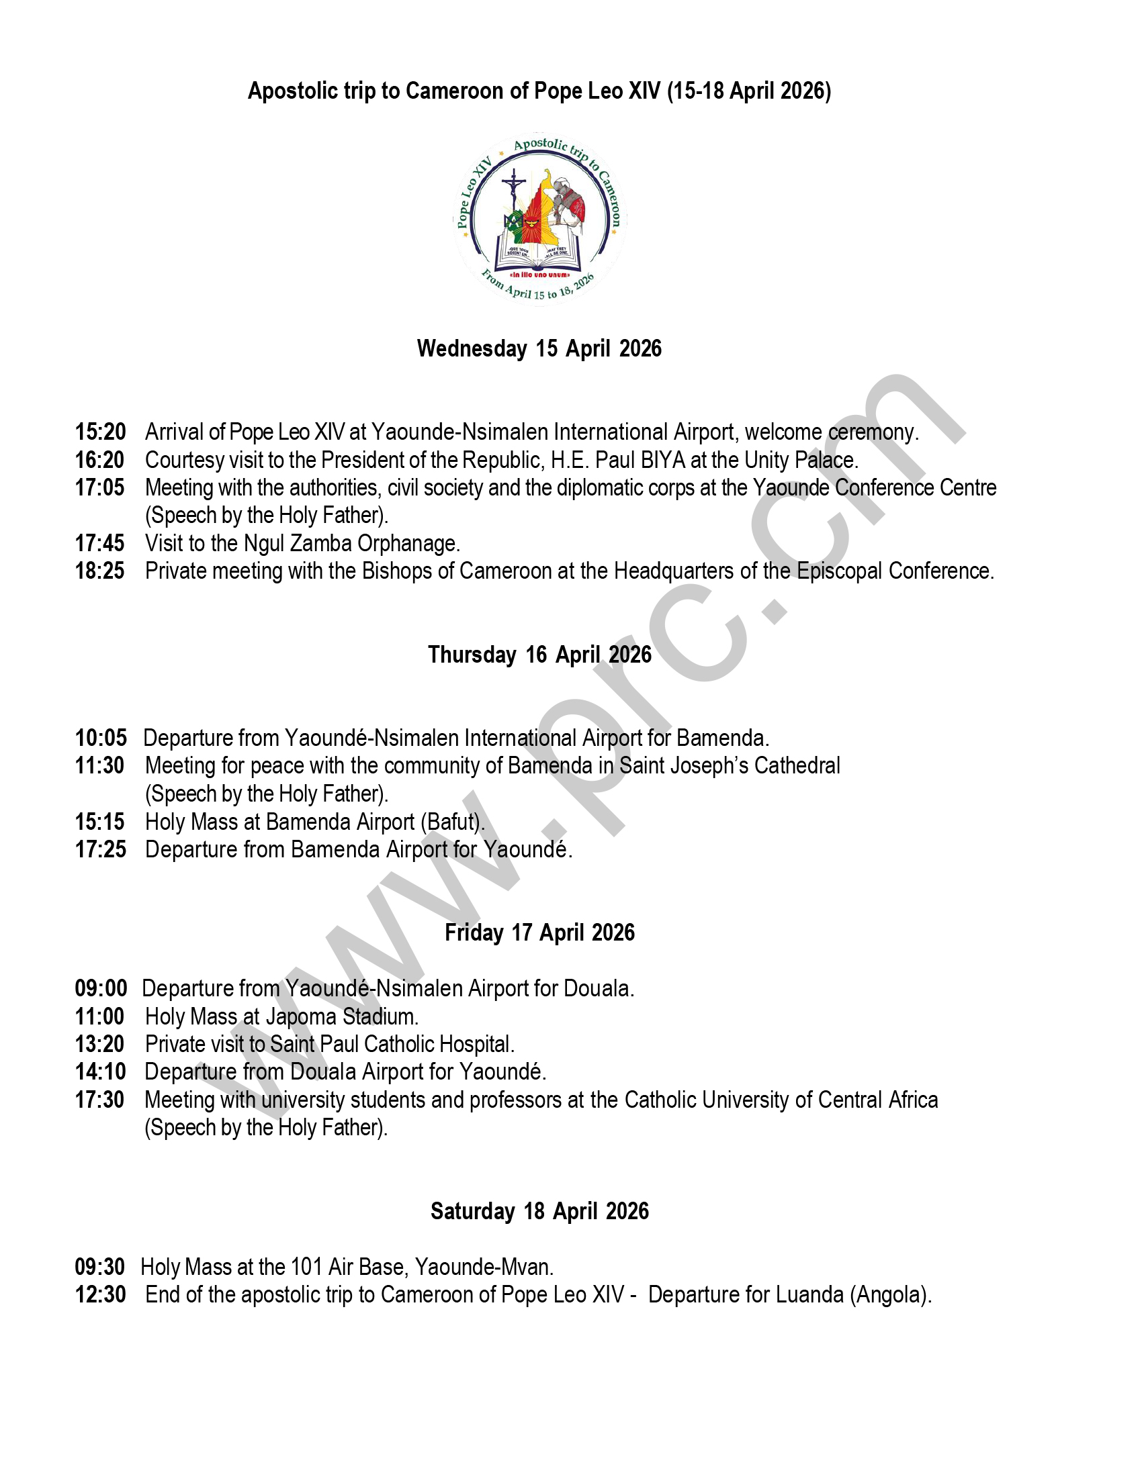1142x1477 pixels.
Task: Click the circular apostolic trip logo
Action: (540, 219)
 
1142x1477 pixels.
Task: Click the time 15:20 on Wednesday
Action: (100, 432)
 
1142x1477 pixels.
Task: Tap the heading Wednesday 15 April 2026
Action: (539, 348)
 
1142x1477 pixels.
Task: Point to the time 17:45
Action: (100, 543)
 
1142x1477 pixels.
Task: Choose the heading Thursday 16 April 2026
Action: (539, 655)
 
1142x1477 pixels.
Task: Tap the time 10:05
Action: (100, 737)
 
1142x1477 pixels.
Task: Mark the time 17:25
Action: (100, 849)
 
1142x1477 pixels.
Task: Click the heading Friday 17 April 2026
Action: (539, 933)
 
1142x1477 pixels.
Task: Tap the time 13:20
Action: (100, 1044)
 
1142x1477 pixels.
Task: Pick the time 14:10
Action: (100, 1072)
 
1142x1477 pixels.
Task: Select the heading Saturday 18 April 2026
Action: (539, 1210)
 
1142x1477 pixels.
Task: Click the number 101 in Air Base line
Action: (306, 1267)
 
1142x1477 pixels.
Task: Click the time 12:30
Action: (100, 1294)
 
